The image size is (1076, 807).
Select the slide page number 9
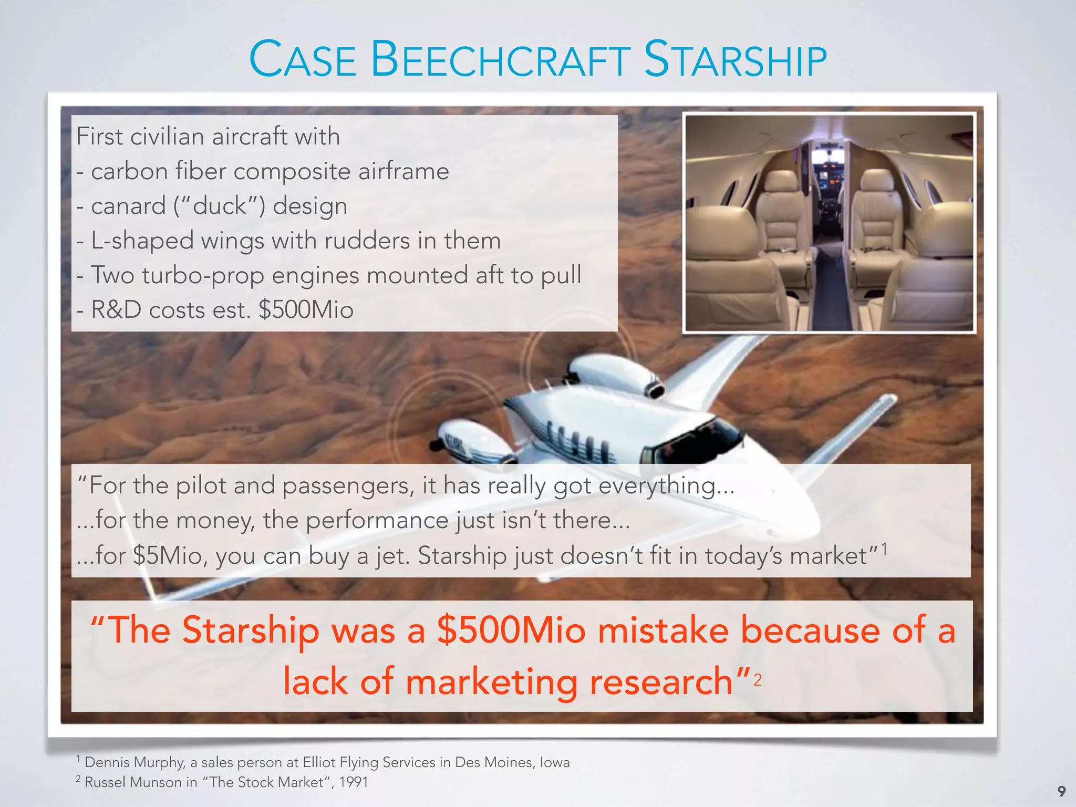pyautogui.click(x=1061, y=791)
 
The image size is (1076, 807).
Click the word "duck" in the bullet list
pyautogui.click(x=220, y=206)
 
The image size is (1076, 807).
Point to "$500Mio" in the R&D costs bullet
pyautogui.click(x=306, y=310)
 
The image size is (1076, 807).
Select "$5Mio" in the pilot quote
pyautogui.click(x=168, y=556)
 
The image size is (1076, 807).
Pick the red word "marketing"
pyautogui.click(x=491, y=682)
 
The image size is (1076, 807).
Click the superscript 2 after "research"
pyautogui.click(x=757, y=680)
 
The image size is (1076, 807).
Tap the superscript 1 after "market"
pyautogui.click(x=884, y=550)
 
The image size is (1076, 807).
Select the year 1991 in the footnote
pyautogui.click(x=353, y=782)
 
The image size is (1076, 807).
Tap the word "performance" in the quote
pyautogui.click(x=377, y=521)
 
